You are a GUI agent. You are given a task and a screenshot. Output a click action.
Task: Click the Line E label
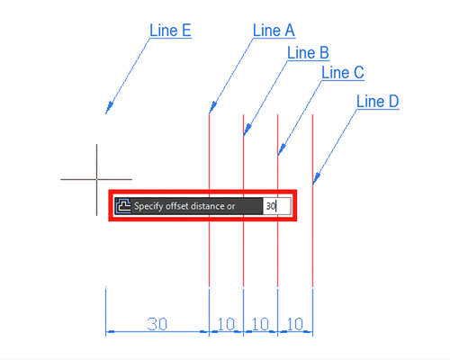(x=170, y=31)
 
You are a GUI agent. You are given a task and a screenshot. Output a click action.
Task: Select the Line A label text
(x=274, y=31)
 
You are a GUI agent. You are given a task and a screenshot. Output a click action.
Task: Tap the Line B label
(x=308, y=53)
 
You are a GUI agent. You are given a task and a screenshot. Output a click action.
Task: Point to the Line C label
(x=343, y=73)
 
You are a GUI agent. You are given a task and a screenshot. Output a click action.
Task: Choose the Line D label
(x=377, y=102)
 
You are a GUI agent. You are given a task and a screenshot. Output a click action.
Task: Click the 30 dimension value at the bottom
(x=157, y=324)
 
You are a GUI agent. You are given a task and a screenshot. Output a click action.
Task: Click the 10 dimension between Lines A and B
(x=226, y=324)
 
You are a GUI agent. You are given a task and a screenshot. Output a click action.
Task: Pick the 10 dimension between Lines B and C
(x=260, y=324)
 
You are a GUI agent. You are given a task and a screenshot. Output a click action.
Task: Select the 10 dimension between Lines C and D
(x=295, y=324)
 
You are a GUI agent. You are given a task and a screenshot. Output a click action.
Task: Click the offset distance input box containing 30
(x=276, y=206)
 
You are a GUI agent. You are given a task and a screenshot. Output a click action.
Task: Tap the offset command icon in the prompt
(x=123, y=206)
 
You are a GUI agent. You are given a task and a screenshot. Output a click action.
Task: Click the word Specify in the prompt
(x=148, y=206)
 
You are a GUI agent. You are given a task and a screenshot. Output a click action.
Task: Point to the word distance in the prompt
(x=208, y=206)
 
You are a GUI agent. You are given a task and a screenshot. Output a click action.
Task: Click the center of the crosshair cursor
(x=96, y=179)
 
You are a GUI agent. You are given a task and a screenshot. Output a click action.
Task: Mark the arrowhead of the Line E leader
(x=109, y=108)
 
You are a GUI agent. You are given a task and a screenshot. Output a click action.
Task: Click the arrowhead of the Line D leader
(x=317, y=178)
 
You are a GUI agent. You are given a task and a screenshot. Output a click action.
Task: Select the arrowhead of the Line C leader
(x=282, y=149)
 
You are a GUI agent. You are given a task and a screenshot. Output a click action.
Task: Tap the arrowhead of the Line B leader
(x=247, y=130)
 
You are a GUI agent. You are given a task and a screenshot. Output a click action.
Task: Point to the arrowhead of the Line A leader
(x=212, y=108)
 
